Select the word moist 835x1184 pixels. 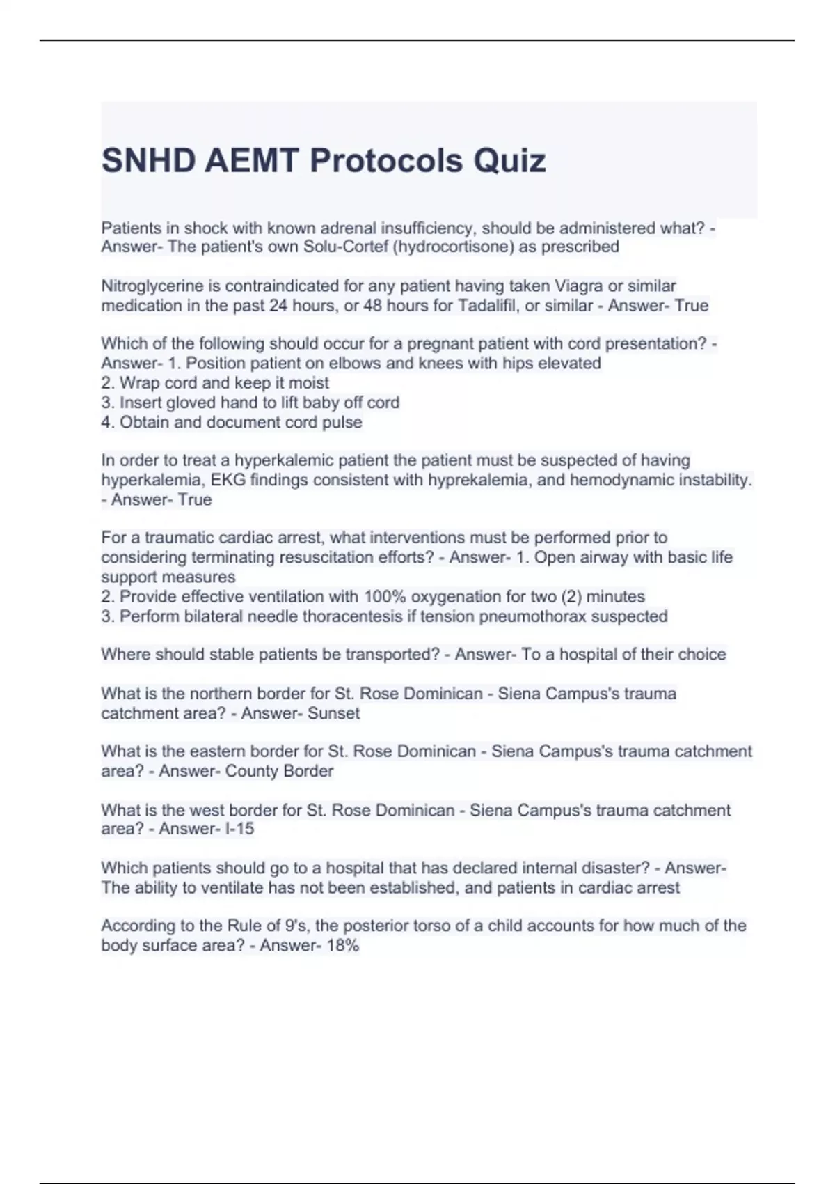click(308, 382)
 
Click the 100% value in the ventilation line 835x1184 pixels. click(383, 596)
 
